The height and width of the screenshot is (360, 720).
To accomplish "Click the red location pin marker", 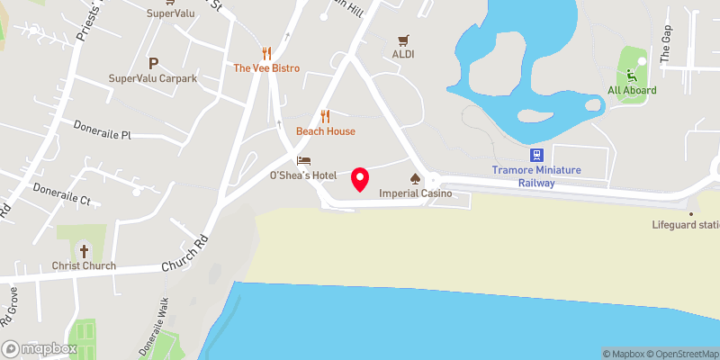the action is click(x=360, y=178).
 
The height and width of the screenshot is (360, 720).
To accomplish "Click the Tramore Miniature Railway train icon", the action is click(x=536, y=155).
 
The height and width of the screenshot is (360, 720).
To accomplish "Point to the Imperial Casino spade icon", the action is click(x=415, y=178).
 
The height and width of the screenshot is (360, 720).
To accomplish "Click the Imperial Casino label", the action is click(x=414, y=193).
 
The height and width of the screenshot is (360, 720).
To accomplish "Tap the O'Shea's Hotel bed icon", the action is click(x=303, y=159).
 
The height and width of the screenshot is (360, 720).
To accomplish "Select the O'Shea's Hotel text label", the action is click(x=303, y=175).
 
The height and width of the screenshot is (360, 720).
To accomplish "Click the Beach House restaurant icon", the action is click(x=325, y=116).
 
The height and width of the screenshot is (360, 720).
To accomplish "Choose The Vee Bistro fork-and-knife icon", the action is click(x=265, y=53).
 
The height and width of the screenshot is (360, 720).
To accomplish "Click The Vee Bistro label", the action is click(x=266, y=68).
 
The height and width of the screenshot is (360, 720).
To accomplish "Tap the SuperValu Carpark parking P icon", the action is click(x=153, y=63).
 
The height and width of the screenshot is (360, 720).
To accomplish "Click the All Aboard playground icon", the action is click(x=632, y=76).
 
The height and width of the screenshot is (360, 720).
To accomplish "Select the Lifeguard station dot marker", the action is click(x=690, y=213).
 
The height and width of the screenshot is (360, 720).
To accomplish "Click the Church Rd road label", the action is click(x=184, y=255).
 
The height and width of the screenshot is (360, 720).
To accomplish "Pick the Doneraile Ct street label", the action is click(x=62, y=194).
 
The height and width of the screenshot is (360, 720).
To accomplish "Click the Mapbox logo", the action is click(x=39, y=348).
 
